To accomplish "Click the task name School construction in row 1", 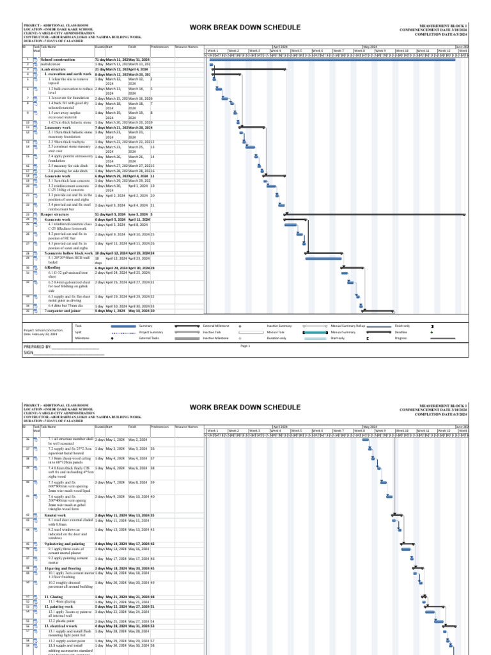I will tap(58, 59).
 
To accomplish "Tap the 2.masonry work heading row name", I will tap(58, 127).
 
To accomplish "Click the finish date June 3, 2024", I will tap(138, 214).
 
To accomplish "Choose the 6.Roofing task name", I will tap(51, 267).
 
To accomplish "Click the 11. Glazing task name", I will tap(55, 596).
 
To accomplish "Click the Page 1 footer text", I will tap(244, 345).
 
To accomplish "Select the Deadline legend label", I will tap(401, 333).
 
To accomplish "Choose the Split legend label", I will tap(78, 333).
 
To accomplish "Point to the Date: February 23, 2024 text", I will tap(40, 335).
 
